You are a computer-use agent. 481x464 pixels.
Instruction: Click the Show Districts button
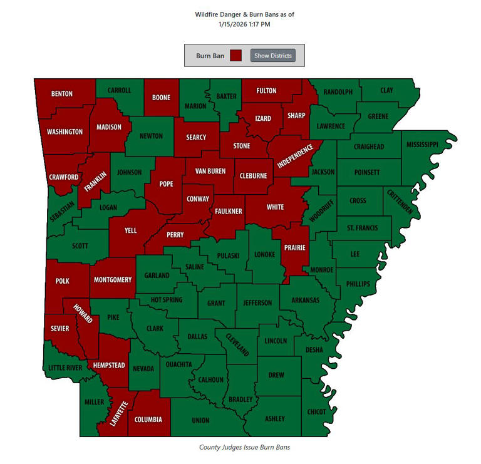pyautogui.click(x=272, y=56)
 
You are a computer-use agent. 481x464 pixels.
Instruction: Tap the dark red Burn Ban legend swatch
pyautogui.click(x=235, y=56)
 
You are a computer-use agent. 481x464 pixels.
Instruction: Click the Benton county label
pyautogui.click(x=62, y=94)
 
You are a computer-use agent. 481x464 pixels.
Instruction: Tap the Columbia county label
pyautogui.click(x=148, y=419)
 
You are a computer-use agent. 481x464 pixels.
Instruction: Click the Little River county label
pyautogui.click(x=65, y=368)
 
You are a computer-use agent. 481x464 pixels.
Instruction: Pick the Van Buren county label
pyautogui.click(x=210, y=171)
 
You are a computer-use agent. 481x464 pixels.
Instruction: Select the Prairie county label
pyautogui.click(x=294, y=247)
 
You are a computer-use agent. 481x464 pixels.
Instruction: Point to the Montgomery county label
pyautogui.click(x=113, y=280)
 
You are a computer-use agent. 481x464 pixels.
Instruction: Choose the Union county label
pyautogui.click(x=200, y=420)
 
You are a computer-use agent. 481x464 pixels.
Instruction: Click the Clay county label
pyautogui.click(x=386, y=90)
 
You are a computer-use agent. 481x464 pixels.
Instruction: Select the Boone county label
pyautogui.click(x=162, y=98)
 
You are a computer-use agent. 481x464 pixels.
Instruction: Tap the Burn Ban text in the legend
pyautogui.click(x=210, y=56)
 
